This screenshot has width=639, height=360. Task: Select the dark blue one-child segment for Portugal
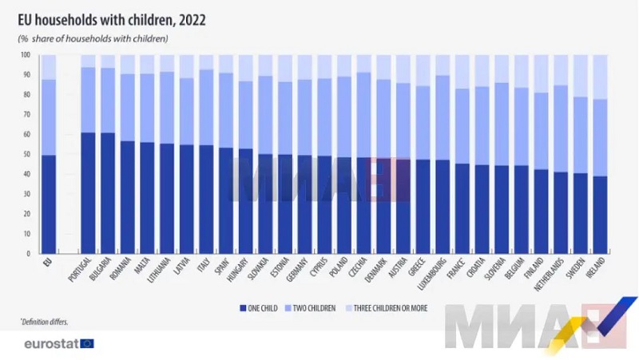pos(89,192)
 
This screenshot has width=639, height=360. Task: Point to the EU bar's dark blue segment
pos(49,204)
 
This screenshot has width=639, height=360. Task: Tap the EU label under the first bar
pos(48,261)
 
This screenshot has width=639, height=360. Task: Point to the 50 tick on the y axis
pos(26,154)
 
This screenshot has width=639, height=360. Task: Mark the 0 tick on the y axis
pos(28,253)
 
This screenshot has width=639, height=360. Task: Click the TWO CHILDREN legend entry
pos(312,306)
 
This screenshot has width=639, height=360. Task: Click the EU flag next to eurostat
pos(87,344)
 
